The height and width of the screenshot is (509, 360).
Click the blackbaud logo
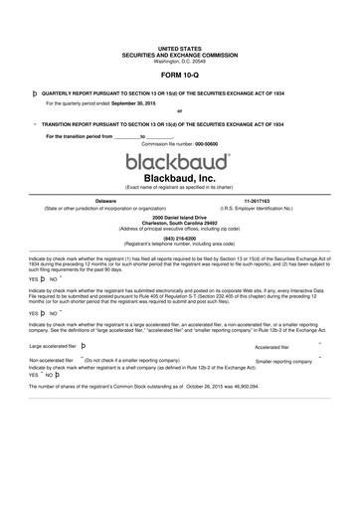pos(179,160)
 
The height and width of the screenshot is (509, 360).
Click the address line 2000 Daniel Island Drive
pos(179,216)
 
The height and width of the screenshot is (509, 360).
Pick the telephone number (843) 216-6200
pos(179,238)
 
